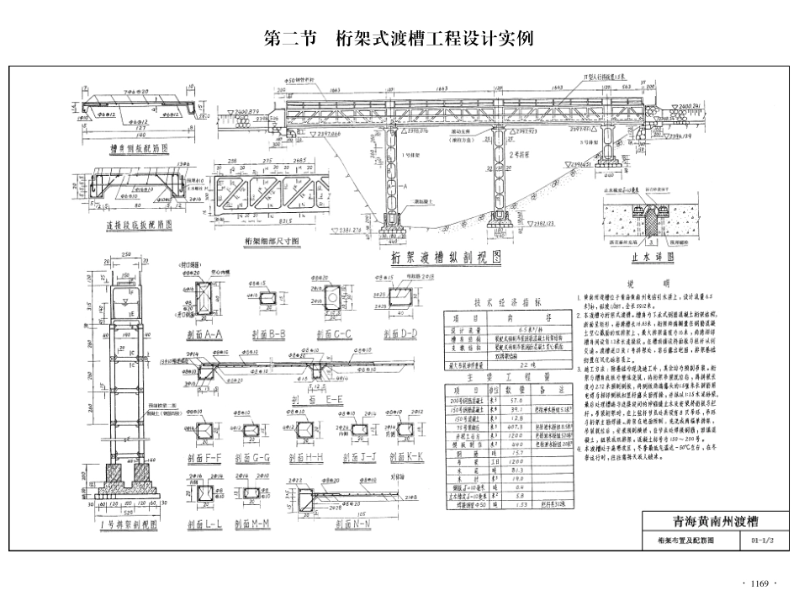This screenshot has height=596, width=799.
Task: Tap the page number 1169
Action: point(760,583)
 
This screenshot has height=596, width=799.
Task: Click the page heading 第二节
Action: point(286,39)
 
